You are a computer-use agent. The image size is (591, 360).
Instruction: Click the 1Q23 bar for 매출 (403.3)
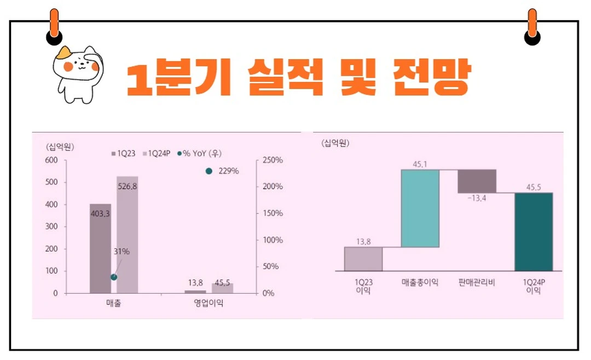point(100,249)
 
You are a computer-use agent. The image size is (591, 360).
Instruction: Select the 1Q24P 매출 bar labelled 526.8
point(127,235)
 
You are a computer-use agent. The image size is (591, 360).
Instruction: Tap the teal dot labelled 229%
point(208,171)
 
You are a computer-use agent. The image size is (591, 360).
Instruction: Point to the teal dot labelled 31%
point(114,277)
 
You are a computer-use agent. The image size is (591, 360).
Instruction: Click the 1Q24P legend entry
point(159,154)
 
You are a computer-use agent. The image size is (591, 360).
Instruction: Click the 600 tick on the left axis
point(51,160)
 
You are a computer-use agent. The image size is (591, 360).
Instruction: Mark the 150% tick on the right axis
point(271,213)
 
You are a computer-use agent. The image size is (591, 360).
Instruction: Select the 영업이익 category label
point(208,304)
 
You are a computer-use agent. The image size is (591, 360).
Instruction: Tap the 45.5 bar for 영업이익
point(222,288)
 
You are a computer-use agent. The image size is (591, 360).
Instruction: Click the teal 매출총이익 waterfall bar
point(420,208)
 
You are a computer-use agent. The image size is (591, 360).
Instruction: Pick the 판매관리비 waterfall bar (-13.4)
point(477,181)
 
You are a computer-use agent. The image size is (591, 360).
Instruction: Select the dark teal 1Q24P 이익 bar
point(534,231)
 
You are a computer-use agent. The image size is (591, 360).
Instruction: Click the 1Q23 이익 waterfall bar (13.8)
point(363,259)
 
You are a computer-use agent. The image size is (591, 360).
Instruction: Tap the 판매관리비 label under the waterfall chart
point(477,283)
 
